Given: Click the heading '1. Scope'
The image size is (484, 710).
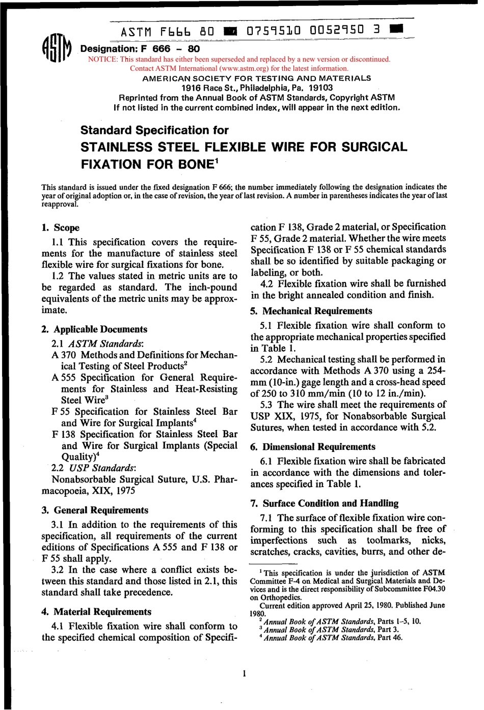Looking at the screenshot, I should pos(60,228).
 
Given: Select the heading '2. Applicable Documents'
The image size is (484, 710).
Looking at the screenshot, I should pos(94,329).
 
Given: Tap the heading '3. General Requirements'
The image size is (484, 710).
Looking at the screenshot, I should pos(95,510).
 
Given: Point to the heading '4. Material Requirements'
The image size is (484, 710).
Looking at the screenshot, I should pos(96,612).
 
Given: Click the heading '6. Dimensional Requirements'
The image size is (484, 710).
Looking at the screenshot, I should pos(313,447).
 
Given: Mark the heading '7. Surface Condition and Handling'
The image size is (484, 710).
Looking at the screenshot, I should pos(324,503).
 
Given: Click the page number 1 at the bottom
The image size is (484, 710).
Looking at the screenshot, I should pos(245,674).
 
